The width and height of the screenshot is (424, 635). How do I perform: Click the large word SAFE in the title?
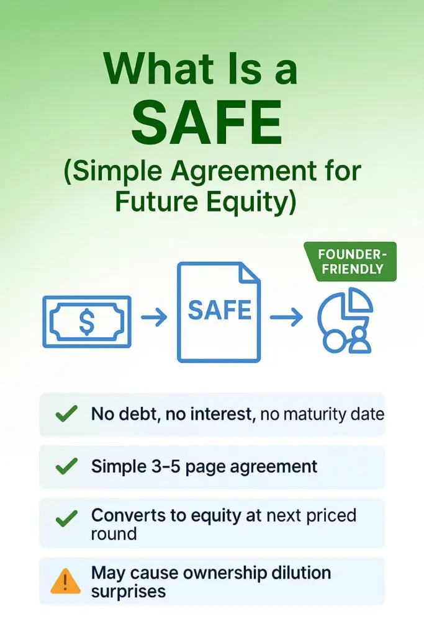tap(207, 122)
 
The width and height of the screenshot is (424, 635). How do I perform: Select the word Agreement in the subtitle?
tap(243, 172)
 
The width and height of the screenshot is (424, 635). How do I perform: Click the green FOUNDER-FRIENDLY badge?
tap(350, 262)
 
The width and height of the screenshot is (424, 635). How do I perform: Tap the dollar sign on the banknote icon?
tap(86, 322)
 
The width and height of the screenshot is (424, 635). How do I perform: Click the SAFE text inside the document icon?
tap(220, 310)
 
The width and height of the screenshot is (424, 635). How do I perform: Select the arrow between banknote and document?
tap(154, 316)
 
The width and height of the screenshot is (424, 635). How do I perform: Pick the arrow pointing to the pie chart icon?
tap(286, 316)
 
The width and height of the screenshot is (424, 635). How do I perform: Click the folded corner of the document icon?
tap(248, 273)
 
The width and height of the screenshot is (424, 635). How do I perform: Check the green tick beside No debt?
tap(66, 414)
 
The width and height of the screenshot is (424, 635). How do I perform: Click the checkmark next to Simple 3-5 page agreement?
tap(66, 466)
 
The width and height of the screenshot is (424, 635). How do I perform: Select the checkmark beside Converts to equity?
tap(66, 519)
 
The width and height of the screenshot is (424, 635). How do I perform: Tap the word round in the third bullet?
tap(114, 534)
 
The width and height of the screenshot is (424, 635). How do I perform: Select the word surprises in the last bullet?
tap(128, 592)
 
